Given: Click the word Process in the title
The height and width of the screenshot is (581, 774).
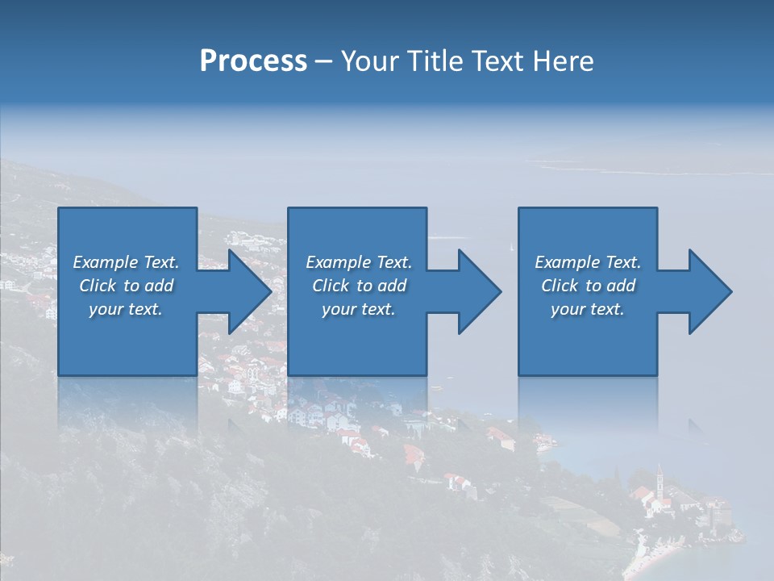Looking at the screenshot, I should click(x=253, y=61).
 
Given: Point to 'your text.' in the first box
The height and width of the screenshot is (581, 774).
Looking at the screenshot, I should click(x=126, y=309).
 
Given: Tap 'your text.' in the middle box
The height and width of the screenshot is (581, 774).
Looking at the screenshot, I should click(x=359, y=309).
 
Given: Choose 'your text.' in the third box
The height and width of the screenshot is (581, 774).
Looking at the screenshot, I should click(x=588, y=309).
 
